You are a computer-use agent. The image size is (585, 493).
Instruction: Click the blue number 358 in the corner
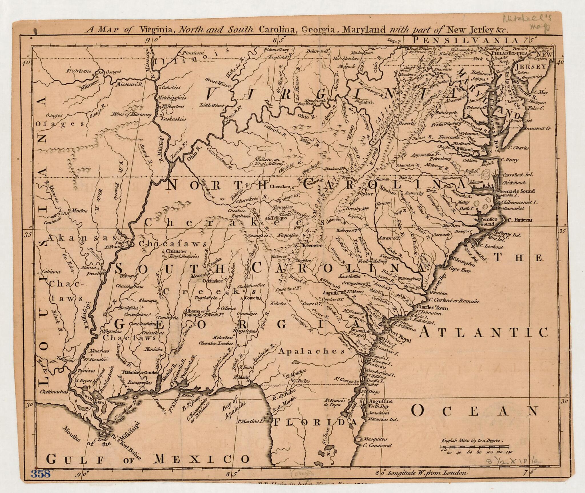click(x=41, y=474)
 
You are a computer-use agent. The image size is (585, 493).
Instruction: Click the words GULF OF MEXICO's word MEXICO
click(x=202, y=459)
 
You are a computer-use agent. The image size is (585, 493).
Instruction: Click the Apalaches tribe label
click(x=312, y=351)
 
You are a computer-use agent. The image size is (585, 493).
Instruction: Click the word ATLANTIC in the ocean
click(x=484, y=332)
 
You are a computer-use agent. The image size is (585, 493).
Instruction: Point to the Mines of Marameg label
click(x=131, y=115)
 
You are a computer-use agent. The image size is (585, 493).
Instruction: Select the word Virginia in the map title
click(x=156, y=29)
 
